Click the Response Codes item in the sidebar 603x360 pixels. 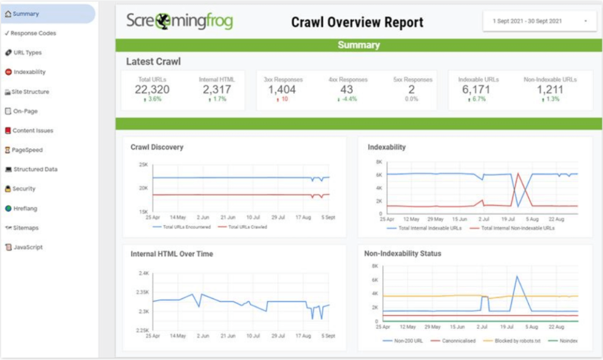click(x=34, y=33)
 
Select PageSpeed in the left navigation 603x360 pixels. click(x=27, y=150)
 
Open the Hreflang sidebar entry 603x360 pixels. click(x=26, y=208)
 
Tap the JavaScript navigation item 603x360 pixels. click(x=28, y=247)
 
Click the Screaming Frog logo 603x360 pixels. click(x=180, y=22)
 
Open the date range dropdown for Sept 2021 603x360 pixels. click(x=538, y=21)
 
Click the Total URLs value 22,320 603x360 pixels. click(x=152, y=90)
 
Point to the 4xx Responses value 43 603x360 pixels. click(x=347, y=90)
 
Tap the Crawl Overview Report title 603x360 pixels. click(x=357, y=22)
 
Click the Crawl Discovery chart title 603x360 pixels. click(x=157, y=147)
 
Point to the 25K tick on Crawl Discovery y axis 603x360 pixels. click(x=143, y=164)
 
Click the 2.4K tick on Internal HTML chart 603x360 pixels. click(x=142, y=273)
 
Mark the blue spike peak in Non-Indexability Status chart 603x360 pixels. click(x=516, y=276)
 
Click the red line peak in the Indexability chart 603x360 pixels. click(x=518, y=173)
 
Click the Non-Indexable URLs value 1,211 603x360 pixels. click(x=549, y=90)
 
